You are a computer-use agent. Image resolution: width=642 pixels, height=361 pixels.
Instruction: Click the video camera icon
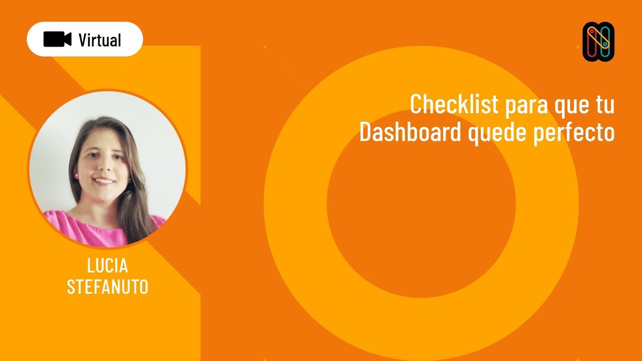coord(57,39)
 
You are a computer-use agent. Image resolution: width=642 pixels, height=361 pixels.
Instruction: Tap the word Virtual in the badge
coord(100,40)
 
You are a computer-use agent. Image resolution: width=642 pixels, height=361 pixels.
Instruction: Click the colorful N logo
coord(598,42)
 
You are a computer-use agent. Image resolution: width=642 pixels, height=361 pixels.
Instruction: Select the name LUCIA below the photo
coord(107,266)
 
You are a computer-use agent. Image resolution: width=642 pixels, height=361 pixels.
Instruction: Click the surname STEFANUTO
coord(107,287)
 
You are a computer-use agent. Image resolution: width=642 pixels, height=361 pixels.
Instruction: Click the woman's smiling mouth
coord(103,180)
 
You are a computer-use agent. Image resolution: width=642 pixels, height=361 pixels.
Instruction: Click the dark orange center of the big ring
coord(421,203)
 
